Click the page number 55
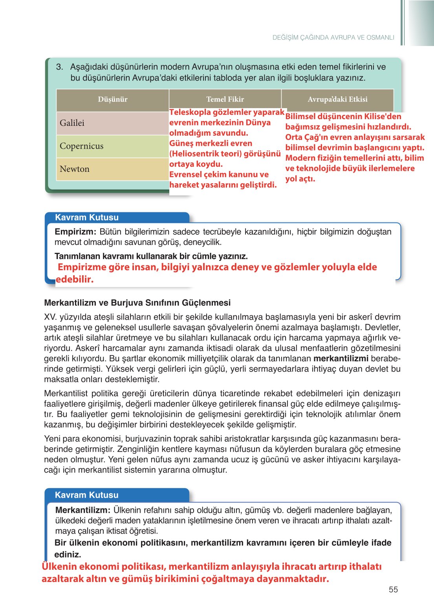click(x=393, y=589)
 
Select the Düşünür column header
click(x=113, y=99)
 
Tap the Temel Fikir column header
click(x=225, y=99)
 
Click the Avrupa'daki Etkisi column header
click(x=337, y=99)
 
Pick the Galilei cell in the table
click(x=72, y=123)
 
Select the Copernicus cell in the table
click(x=81, y=146)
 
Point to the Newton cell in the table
click(x=75, y=169)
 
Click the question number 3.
click(x=59, y=67)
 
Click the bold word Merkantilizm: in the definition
click(x=83, y=510)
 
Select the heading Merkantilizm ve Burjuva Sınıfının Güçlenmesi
click(x=137, y=303)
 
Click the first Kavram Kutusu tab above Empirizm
click(x=87, y=217)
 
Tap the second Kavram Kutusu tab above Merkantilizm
click(x=87, y=495)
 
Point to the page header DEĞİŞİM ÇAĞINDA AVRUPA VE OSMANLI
click(x=333, y=38)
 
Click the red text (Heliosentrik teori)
click(x=201, y=154)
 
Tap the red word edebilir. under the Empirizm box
click(x=75, y=280)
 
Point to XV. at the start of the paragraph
click(x=50, y=317)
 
